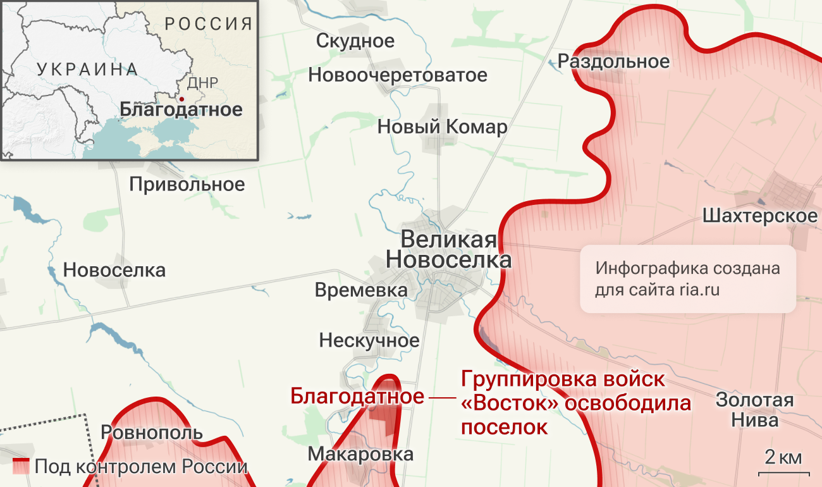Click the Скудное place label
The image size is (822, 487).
coord(355,41)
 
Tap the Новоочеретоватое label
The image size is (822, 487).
coord(398,75)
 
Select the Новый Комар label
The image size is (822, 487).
coord(442,127)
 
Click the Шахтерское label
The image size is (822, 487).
coord(759,216)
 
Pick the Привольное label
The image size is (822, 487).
coord(187,184)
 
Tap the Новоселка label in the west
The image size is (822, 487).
coord(114,270)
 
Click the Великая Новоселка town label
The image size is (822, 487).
coord(448,250)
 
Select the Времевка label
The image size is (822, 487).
coord(360,290)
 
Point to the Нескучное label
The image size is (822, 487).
coord(369,340)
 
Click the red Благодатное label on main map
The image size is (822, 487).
coord(357,397)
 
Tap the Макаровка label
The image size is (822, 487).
coord(360,453)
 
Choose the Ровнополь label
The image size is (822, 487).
coord(152,433)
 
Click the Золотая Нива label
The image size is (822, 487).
coord(754,410)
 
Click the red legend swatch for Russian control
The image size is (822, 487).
coord(21,467)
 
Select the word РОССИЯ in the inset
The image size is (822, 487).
coord(209,25)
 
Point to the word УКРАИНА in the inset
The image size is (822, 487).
coord(87,69)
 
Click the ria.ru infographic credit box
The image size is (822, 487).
coord(687,279)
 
